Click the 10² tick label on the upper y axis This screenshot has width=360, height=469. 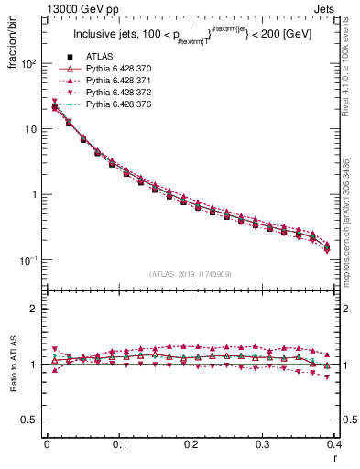[x=30, y=64]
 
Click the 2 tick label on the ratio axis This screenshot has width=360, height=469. [x=35, y=309]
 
